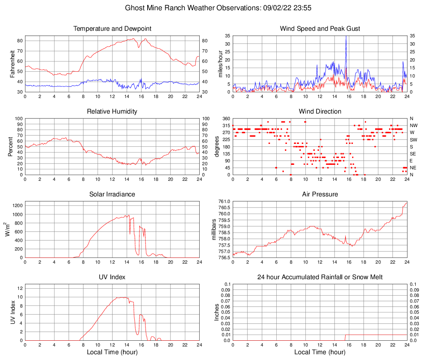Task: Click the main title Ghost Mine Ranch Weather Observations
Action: (x=210, y=8)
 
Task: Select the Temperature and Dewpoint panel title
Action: (x=112, y=29)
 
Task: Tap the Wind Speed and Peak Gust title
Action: (x=320, y=29)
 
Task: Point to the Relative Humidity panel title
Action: (x=112, y=112)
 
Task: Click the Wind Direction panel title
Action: (x=320, y=112)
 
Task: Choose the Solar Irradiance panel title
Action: (x=112, y=194)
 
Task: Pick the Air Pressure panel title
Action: (x=320, y=194)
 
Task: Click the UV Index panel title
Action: (x=112, y=277)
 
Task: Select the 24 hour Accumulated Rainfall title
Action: (x=320, y=277)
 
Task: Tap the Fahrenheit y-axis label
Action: (x=12, y=64)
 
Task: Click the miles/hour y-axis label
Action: (x=220, y=64)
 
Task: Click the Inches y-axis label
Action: (x=217, y=312)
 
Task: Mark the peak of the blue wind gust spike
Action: (x=346, y=36)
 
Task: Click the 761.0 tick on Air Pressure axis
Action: (x=225, y=201)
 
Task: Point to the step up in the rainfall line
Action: (x=346, y=337)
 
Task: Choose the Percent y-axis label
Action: (x=11, y=146)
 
